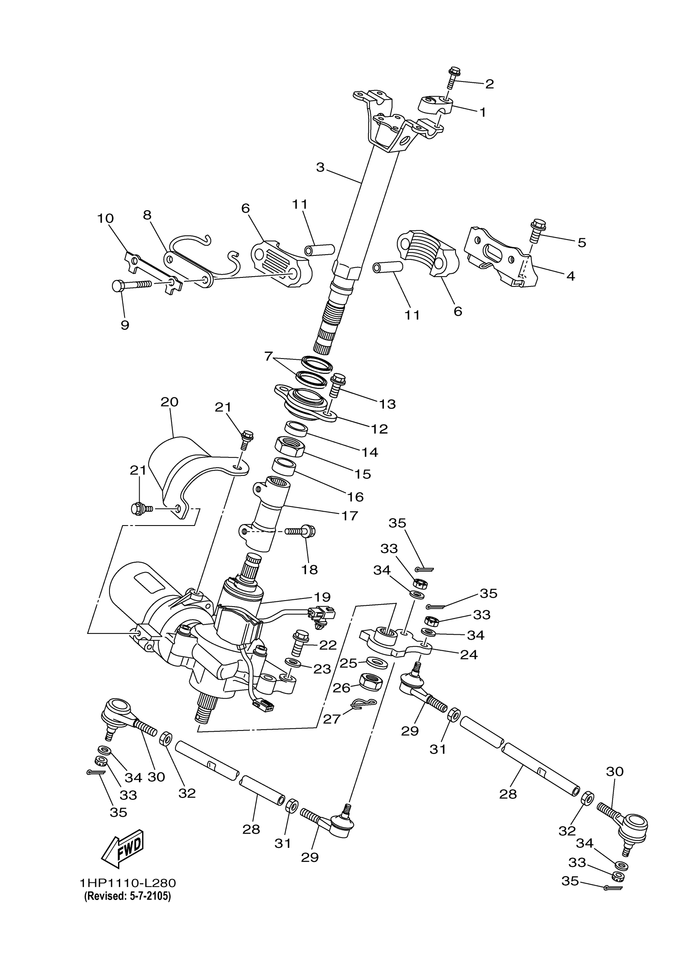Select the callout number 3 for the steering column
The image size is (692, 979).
coord(320,167)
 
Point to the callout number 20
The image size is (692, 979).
coord(169,402)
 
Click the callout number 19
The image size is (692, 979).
coord(322,596)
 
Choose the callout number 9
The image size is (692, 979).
coord(125,326)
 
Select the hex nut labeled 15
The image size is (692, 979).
coord(289,447)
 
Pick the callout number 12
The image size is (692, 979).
coord(379,429)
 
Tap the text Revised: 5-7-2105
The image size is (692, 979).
coord(127,896)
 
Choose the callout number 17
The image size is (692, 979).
coord(349,515)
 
